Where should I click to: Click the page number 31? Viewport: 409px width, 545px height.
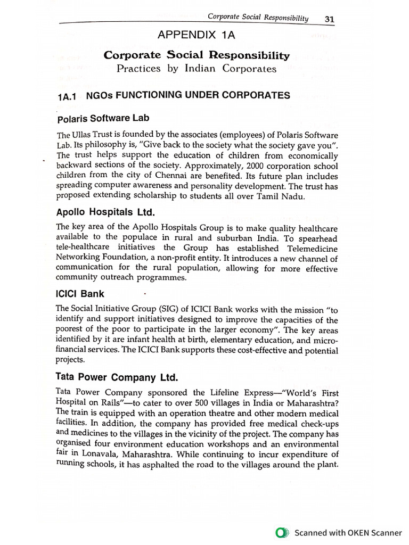[x=329, y=19]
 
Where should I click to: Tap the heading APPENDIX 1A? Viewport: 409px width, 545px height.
[x=197, y=36]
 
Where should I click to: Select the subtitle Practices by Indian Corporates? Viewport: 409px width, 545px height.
[x=197, y=69]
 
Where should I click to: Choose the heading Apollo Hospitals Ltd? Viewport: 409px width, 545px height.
[x=105, y=212]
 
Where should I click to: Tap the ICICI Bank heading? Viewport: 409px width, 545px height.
[x=80, y=294]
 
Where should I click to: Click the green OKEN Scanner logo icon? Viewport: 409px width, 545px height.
[x=282, y=533]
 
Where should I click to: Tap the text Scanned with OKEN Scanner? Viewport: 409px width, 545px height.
[x=348, y=533]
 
